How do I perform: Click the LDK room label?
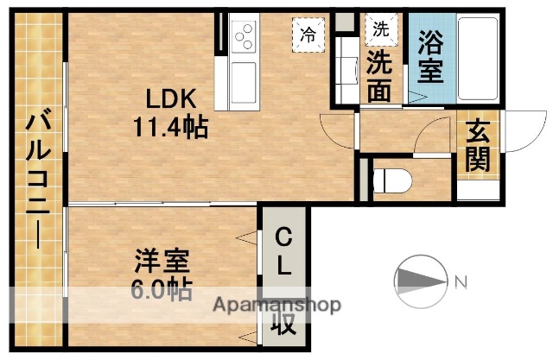(168, 97)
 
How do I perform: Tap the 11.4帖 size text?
(169, 129)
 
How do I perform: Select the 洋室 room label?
(162, 260)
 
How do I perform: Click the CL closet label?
(283, 251)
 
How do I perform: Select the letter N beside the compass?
(461, 281)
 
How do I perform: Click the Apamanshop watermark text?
(276, 305)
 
